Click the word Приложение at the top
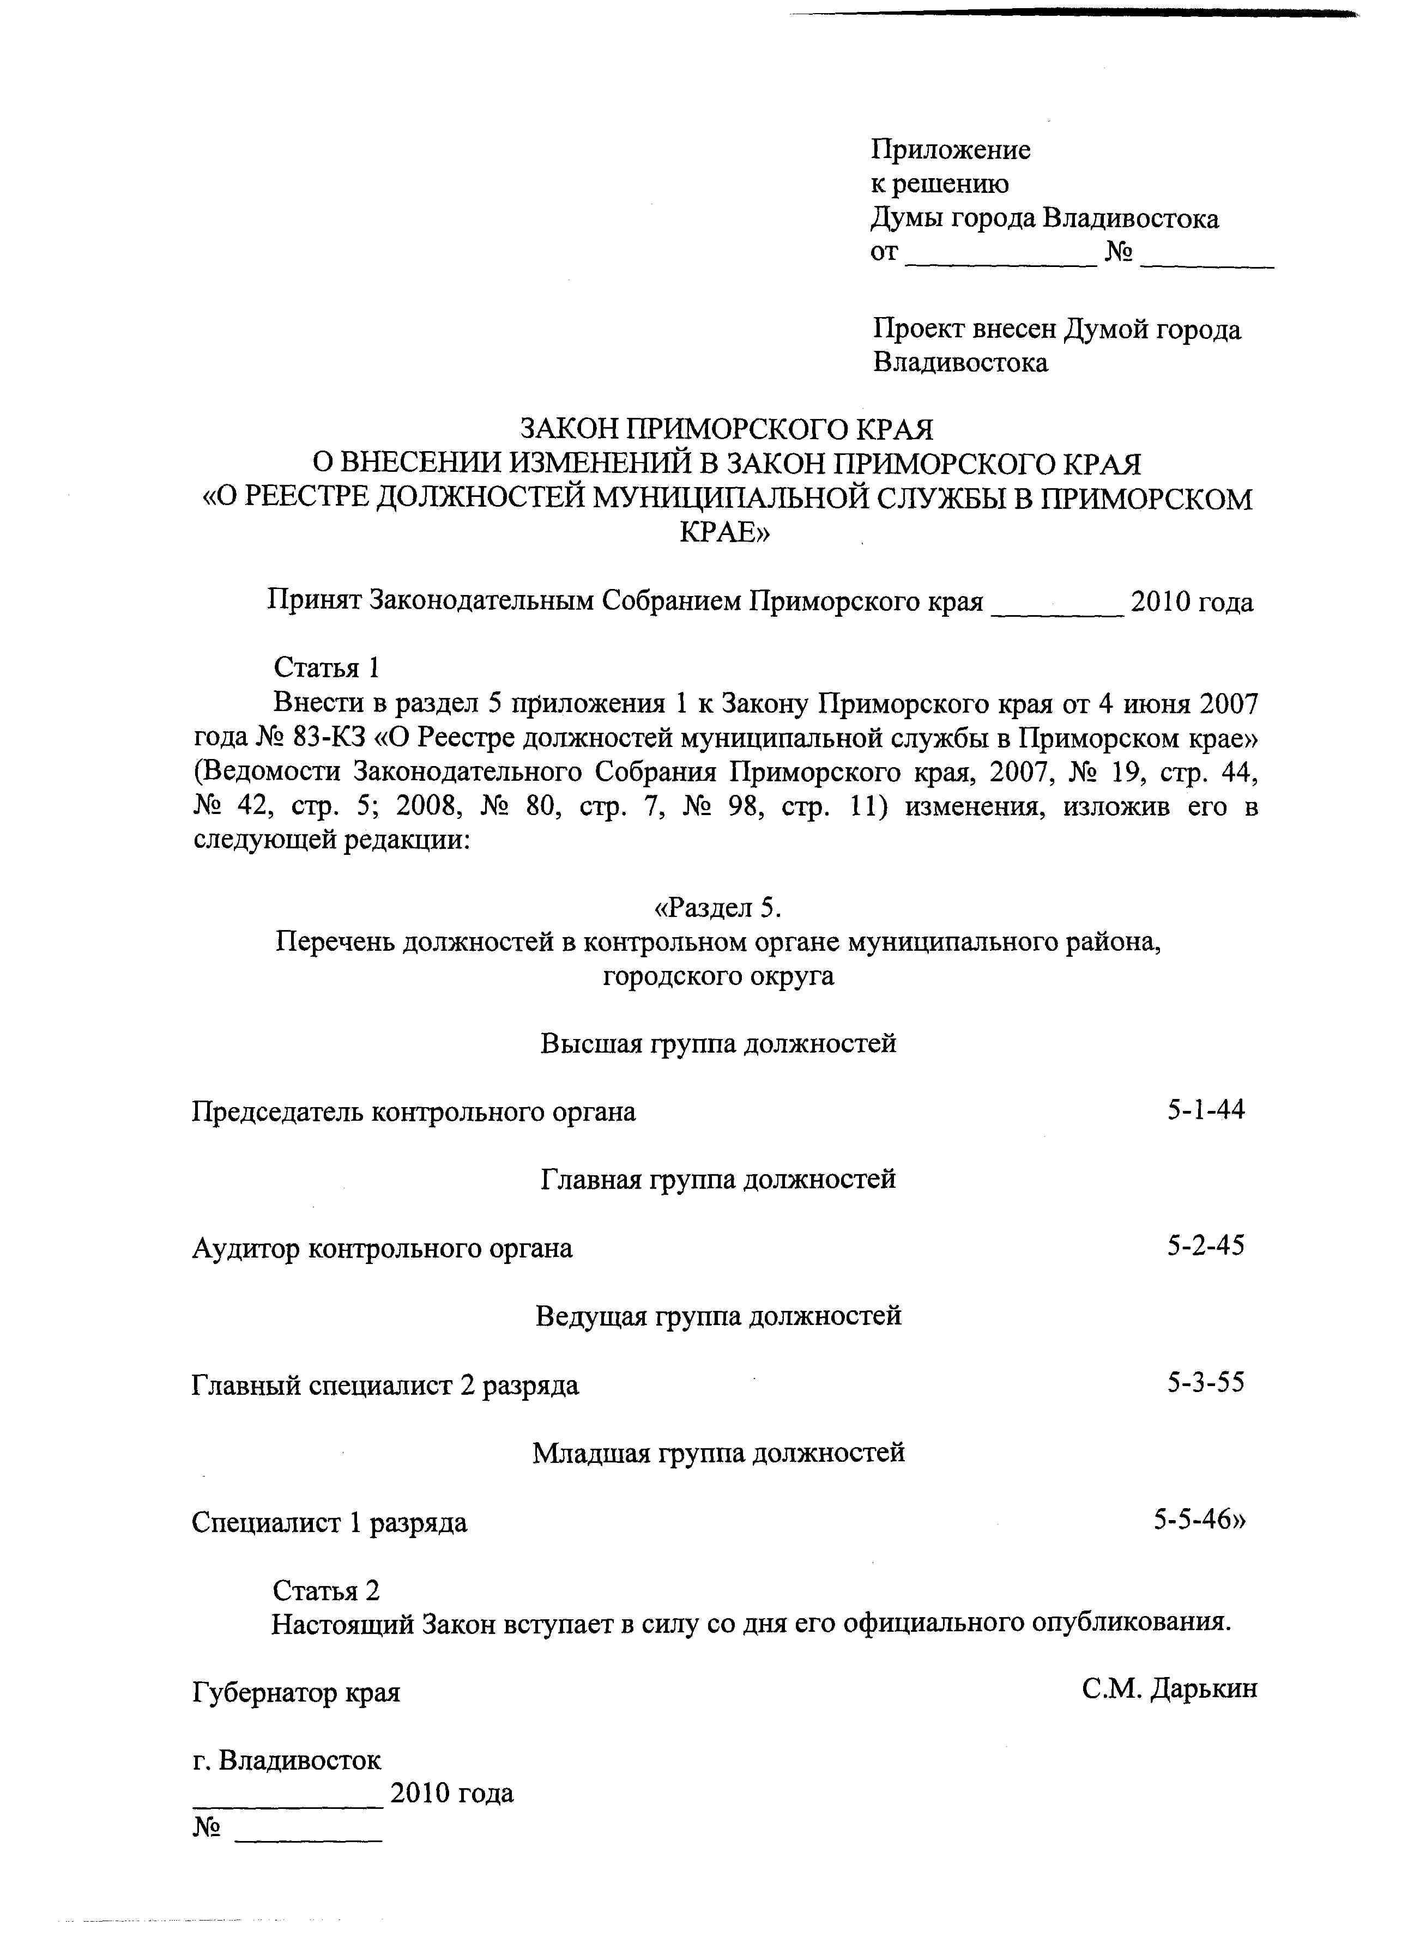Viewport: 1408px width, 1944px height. point(950,150)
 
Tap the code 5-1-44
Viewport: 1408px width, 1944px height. point(1205,1110)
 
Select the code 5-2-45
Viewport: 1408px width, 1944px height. point(1205,1246)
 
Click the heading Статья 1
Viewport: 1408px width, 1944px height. point(326,667)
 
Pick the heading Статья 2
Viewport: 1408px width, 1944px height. point(326,1590)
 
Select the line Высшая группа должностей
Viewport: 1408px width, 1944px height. point(718,1043)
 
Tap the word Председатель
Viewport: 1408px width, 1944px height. point(280,1111)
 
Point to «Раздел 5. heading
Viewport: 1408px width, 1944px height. point(718,906)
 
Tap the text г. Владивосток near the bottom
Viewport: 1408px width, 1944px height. point(286,1760)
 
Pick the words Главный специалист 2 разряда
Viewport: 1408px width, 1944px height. point(385,1384)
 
